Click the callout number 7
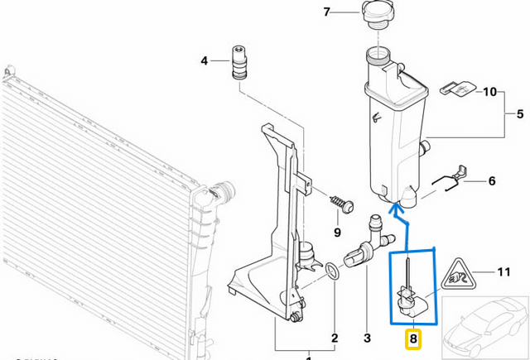pyautogui.click(x=326, y=12)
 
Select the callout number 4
pyautogui.click(x=204, y=60)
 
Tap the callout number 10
pyautogui.click(x=489, y=91)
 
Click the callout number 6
pyautogui.click(x=491, y=180)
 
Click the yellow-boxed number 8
pyautogui.click(x=412, y=338)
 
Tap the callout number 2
pyautogui.click(x=334, y=338)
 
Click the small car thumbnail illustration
pyautogui.click(x=484, y=327)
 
